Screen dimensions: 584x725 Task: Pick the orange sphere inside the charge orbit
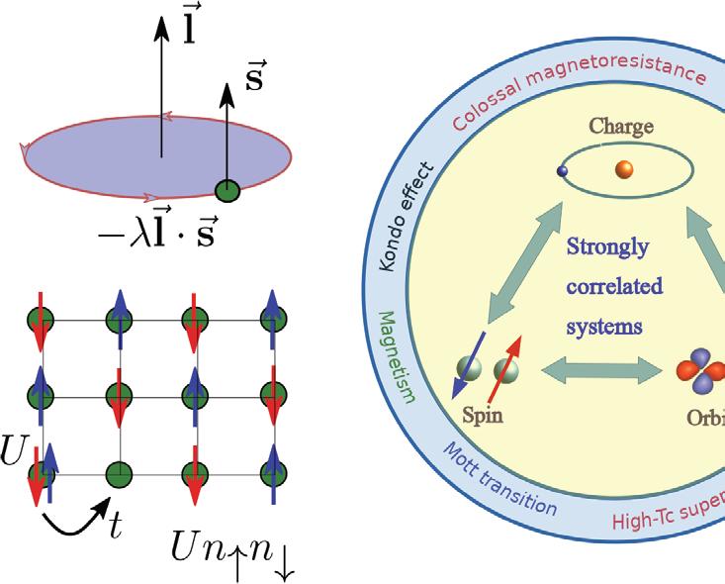coord(624,169)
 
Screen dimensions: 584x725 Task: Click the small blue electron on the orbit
coord(562,171)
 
